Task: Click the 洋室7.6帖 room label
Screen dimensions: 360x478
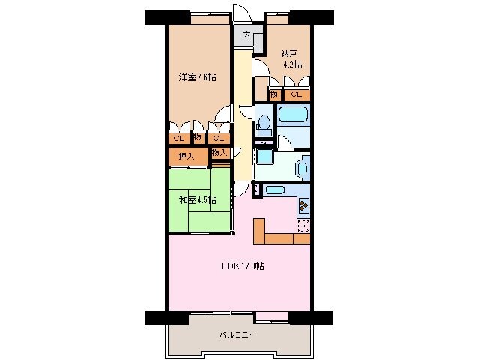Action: [x=197, y=77]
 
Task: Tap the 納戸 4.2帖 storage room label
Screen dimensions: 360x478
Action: [x=292, y=59]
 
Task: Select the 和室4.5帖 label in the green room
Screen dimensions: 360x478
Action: [x=197, y=199]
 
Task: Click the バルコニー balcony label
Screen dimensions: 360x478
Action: [x=238, y=334]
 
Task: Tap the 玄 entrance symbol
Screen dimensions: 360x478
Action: [x=246, y=34]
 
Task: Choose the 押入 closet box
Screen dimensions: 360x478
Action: [x=187, y=156]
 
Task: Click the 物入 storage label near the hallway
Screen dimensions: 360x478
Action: [x=220, y=152]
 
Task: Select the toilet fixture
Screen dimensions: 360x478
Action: [x=263, y=120]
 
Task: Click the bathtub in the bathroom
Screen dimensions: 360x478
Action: [x=293, y=116]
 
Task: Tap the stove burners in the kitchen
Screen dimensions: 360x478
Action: [x=303, y=204]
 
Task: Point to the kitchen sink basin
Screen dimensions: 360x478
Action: [x=274, y=190]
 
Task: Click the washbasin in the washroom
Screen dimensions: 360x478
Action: [x=302, y=168]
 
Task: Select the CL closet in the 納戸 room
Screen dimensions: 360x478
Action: [x=297, y=94]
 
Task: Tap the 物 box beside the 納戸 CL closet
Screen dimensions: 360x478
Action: [x=274, y=94]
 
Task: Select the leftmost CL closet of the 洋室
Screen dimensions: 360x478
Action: [x=178, y=138]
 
